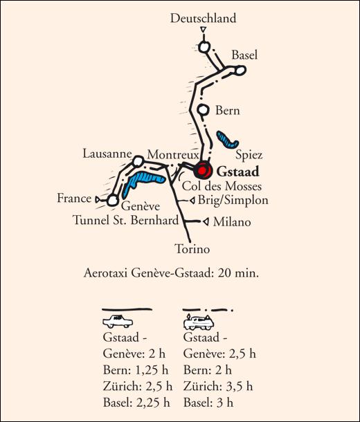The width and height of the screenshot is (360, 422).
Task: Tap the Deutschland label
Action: coord(204,18)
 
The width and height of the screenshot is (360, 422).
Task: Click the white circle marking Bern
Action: coord(204,110)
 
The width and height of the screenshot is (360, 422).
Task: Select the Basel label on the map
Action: coord(244,55)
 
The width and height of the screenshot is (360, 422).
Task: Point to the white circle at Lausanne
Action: coord(138,161)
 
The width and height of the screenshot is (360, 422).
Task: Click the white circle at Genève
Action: coord(113,201)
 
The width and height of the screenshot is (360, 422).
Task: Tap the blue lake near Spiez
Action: coord(227,140)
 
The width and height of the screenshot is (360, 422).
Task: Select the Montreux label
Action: coord(173,155)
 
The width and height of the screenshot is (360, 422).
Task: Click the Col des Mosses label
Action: coord(222,186)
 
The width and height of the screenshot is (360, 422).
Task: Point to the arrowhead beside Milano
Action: coord(206,222)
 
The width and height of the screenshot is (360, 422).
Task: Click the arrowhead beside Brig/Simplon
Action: coord(192,201)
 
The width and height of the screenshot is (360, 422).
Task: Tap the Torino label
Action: coord(192,249)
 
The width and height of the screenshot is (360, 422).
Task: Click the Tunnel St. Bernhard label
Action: coord(126,220)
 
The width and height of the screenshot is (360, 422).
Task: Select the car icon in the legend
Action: coord(118,321)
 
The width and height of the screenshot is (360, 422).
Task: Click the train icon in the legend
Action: coord(199,322)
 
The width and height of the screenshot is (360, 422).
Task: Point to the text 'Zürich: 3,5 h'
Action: coord(218,387)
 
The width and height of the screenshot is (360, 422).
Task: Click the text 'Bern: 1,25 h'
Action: coord(136,370)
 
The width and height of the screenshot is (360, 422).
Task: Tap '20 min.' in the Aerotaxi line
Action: coord(238,273)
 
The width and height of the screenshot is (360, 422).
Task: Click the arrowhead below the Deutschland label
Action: coord(204,29)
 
